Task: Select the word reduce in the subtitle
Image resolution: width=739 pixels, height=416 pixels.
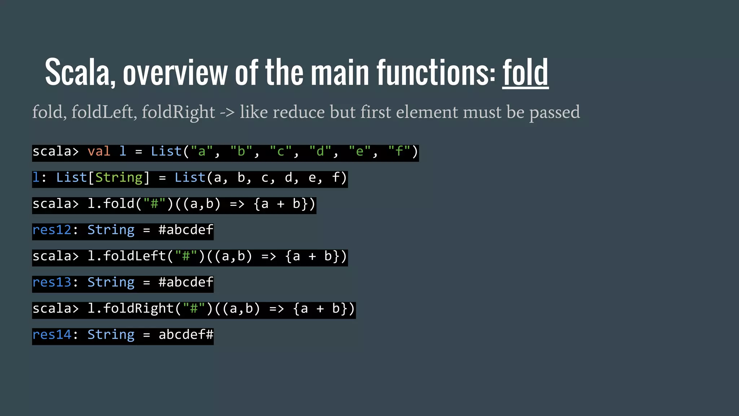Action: pyautogui.click(x=298, y=112)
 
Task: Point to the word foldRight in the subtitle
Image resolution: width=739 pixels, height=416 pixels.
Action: pyautogui.click(x=178, y=112)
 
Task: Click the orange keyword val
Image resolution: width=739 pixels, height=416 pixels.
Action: pyautogui.click(x=99, y=151)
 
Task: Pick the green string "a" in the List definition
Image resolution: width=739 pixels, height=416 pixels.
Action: pyautogui.click(x=201, y=151)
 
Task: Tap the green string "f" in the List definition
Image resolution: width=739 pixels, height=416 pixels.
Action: pyautogui.click(x=399, y=151)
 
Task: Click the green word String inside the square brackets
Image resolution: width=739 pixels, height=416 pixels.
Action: pyautogui.click(x=119, y=178)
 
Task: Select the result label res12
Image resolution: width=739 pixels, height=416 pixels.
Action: pyautogui.click(x=52, y=230)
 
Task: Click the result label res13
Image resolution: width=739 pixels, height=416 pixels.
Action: pyautogui.click(x=52, y=282)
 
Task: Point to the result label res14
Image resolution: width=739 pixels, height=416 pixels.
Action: pyautogui.click(x=52, y=335)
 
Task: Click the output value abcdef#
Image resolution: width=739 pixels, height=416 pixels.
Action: pyautogui.click(x=186, y=335)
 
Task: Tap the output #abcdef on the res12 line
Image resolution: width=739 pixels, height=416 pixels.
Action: pyautogui.click(x=186, y=230)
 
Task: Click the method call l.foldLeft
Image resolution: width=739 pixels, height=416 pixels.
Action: pyautogui.click(x=126, y=256)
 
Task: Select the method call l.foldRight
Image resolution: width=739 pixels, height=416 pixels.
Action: pyautogui.click(x=130, y=309)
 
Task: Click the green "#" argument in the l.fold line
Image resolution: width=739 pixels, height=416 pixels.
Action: pyautogui.click(x=154, y=204)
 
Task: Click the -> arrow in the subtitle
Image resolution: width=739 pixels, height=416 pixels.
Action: pyautogui.click(x=227, y=112)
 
